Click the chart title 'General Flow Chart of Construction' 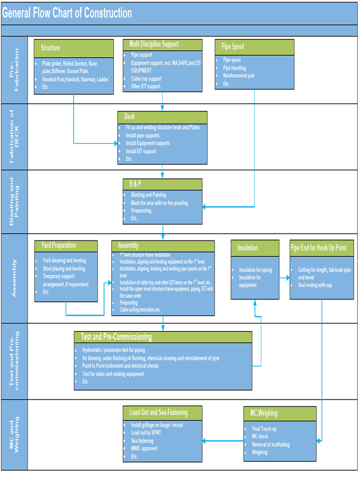pos(67,13)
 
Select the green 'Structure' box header pos(74,48)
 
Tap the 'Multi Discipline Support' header pos(163,45)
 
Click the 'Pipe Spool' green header pos(255,47)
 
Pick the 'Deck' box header pos(162,117)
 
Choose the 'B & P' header pos(163,184)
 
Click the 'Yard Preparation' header pos(66,246)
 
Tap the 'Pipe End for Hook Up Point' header pos(322,248)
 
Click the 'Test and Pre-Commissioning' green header pos(163,337)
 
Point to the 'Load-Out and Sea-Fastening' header pos(163,412)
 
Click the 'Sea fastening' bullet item pos(142,441)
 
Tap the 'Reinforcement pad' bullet pos(239,75)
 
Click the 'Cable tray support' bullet pos(146,79)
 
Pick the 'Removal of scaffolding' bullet pos(270,444)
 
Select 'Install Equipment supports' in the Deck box pos(148,143)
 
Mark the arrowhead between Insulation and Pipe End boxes pos(287,278)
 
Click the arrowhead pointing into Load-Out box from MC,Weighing pos(205,441)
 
